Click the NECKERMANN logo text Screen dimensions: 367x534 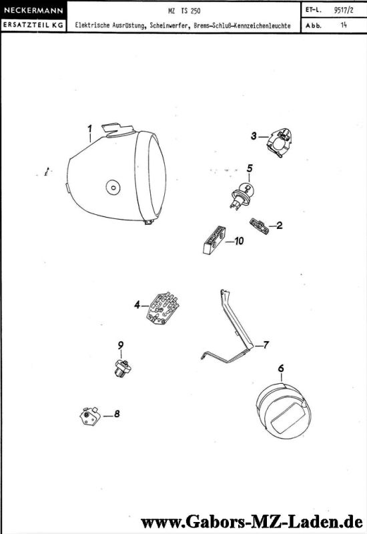pyautogui.click(x=33, y=10)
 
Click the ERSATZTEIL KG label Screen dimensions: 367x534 pyautogui.click(x=33, y=25)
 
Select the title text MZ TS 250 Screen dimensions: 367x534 pyautogui.click(x=184, y=11)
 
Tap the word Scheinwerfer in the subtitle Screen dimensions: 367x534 pyautogui.click(x=168, y=25)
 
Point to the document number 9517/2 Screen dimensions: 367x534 pyautogui.click(x=344, y=10)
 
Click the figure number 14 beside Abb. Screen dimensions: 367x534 pyautogui.click(x=344, y=25)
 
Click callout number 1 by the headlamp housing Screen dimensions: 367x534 pyautogui.click(x=89, y=129)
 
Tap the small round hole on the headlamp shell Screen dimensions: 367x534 pyautogui.click(x=113, y=187)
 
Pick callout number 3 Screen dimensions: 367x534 pyautogui.click(x=254, y=136)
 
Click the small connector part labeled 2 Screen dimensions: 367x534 pyautogui.click(x=260, y=226)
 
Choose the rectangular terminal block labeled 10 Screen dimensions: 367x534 pyautogui.click(x=214, y=240)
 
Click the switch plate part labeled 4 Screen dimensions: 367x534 pyautogui.click(x=162, y=308)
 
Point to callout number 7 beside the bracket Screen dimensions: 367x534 pyautogui.click(x=266, y=345)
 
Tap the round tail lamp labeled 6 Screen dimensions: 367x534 pyautogui.click(x=284, y=409)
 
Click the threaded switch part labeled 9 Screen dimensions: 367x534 pyautogui.click(x=122, y=368)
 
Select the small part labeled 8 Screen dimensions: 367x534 pyautogui.click(x=90, y=416)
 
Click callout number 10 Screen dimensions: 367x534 pyautogui.click(x=239, y=241)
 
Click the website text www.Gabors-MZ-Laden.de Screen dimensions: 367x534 pyautogui.click(x=252, y=522)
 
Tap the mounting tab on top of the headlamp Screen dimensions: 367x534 pyautogui.click(x=118, y=129)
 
